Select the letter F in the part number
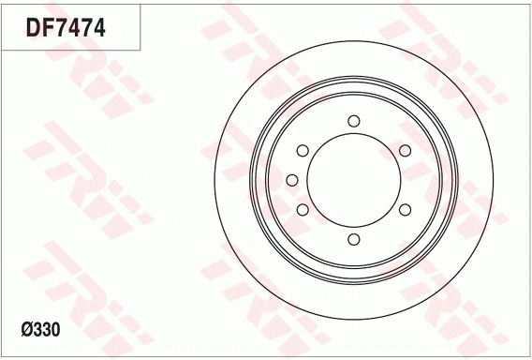tap(49, 27)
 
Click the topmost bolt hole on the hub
tap(354, 120)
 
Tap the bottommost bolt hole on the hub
tap(354, 240)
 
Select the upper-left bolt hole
tap(303, 150)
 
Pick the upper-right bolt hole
tap(406, 150)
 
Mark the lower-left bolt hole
tap(303, 210)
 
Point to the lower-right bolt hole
tap(406, 210)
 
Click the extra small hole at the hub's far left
tap(291, 180)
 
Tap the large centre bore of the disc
tap(354, 180)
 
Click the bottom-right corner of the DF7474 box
tap(140, 49)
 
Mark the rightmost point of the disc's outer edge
tap(493, 180)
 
